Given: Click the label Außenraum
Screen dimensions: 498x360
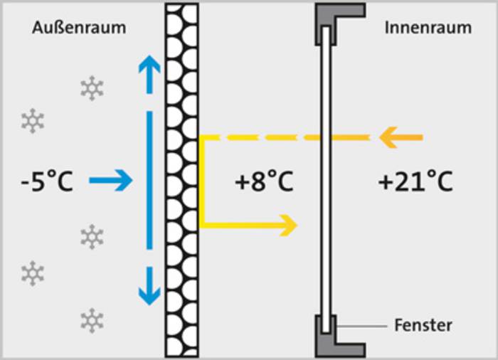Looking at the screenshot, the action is click(79, 28).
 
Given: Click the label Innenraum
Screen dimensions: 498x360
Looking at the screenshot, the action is click(428, 28).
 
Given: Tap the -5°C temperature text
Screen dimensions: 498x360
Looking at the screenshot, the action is click(47, 181).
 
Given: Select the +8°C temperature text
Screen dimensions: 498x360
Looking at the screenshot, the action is click(264, 181).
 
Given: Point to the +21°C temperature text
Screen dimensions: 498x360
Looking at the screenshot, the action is click(415, 181).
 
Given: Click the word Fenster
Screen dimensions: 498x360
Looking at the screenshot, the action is click(423, 325).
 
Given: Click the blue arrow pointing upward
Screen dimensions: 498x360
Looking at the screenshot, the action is click(149, 75).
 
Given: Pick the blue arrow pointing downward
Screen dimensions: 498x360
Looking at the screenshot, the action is click(149, 286).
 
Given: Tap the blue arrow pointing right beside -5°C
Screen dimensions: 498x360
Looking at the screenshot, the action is click(110, 181).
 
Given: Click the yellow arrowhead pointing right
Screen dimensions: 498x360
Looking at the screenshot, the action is click(288, 226).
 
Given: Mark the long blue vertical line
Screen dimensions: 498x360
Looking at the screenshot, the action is click(149, 180).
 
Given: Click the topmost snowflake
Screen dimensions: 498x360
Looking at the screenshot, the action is click(92, 88).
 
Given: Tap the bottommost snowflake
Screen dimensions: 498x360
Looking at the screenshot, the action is click(92, 320).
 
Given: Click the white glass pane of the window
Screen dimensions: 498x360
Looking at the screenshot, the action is click(326, 180).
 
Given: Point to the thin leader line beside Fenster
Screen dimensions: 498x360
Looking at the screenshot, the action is click(361, 326).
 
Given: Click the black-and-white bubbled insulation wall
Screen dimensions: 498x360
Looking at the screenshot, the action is click(182, 180).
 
